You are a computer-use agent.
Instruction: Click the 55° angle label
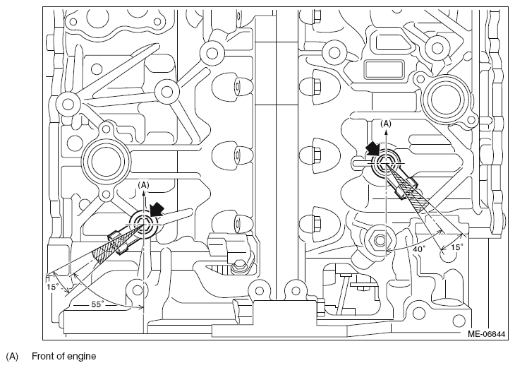click(x=97, y=304)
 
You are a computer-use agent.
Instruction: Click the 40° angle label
click(x=419, y=249)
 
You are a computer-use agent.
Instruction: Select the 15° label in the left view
click(x=52, y=287)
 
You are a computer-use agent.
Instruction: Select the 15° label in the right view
click(x=457, y=247)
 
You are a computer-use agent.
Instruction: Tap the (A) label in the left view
click(x=143, y=185)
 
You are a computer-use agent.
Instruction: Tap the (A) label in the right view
click(x=386, y=124)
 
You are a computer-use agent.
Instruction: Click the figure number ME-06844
click(x=486, y=334)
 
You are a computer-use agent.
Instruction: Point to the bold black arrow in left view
click(x=157, y=209)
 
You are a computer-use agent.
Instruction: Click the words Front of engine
click(x=63, y=356)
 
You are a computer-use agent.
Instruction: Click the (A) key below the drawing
click(x=12, y=357)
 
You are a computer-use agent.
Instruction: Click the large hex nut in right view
click(x=380, y=240)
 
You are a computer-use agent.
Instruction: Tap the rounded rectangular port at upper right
click(x=384, y=69)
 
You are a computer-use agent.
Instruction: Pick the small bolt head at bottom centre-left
click(x=238, y=267)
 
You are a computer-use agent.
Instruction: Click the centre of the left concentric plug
click(x=143, y=224)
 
